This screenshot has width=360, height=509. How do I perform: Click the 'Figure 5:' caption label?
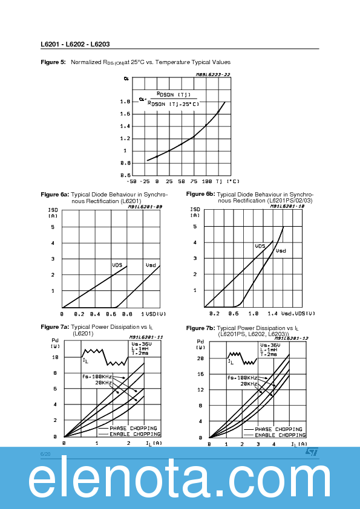click(x=53, y=62)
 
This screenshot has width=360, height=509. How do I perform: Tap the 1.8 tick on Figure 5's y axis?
click(x=125, y=102)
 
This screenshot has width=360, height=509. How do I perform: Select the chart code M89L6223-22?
click(x=212, y=74)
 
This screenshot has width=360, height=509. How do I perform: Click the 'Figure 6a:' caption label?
click(x=55, y=195)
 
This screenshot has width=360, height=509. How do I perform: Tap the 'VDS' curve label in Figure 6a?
click(x=117, y=265)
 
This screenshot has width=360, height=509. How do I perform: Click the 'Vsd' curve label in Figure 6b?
click(x=280, y=250)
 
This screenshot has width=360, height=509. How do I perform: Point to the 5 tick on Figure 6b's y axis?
click(x=195, y=227)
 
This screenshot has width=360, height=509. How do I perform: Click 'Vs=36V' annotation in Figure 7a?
click(x=142, y=343)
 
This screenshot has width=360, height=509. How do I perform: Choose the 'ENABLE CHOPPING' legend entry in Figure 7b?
click(x=280, y=435)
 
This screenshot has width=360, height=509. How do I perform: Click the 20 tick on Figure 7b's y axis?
click(x=201, y=358)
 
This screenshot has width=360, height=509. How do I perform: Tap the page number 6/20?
click(x=46, y=453)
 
